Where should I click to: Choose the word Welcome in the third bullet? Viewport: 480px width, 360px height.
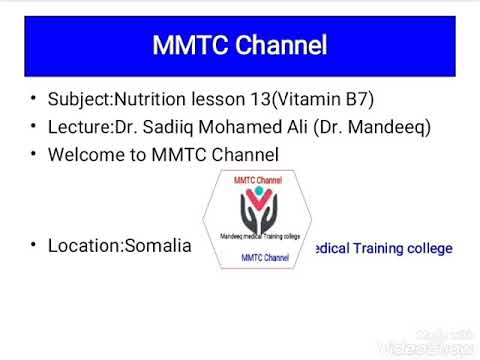tap(83, 155)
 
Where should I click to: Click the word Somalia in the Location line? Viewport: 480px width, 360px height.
tap(157, 245)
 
